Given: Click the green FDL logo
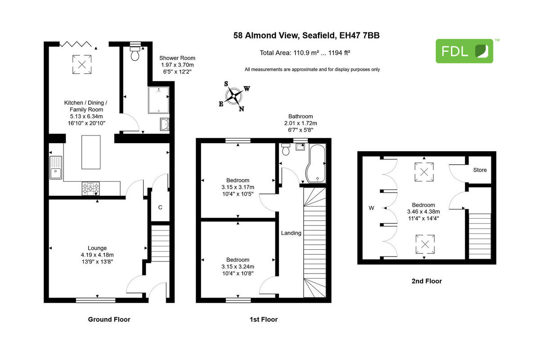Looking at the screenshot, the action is click(x=464, y=51).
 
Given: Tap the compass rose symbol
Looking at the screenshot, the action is click(x=234, y=95).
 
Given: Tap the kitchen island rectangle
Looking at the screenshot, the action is click(x=90, y=152).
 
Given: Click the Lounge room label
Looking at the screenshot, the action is click(x=97, y=248).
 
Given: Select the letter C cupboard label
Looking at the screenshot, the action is click(x=160, y=207).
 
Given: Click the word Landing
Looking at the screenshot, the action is click(x=291, y=233).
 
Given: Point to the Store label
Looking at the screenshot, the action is click(x=480, y=170).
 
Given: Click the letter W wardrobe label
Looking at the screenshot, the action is click(x=371, y=208).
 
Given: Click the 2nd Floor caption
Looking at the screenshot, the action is click(x=426, y=281).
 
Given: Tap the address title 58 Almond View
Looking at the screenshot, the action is click(x=306, y=35).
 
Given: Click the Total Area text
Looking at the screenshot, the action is click(x=305, y=53).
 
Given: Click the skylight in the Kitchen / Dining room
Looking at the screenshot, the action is click(x=81, y=63).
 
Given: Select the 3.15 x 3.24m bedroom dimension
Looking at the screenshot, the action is click(x=238, y=266).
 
